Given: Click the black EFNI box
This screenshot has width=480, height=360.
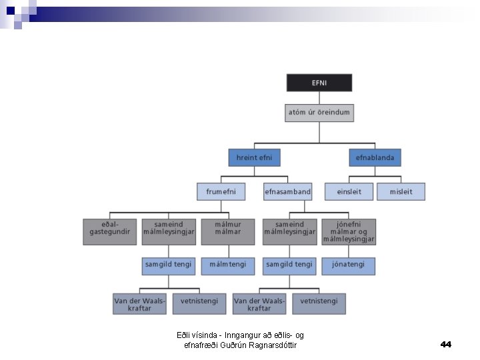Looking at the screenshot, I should tap(319, 83).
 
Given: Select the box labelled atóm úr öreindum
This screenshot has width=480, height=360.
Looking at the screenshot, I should tap(319, 113).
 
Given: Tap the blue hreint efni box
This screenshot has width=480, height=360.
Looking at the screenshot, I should tap(254, 158).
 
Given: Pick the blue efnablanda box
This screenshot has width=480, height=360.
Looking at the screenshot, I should tap(375, 158).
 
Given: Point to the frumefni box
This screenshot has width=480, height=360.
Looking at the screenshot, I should tap(221, 192).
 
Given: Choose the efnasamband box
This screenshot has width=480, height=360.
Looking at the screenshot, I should tap(287, 192).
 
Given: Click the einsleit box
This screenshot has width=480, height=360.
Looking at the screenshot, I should tap(349, 192).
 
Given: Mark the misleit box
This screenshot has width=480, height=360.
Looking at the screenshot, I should tap(401, 192).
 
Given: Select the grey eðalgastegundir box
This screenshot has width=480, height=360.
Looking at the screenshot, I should tap(110, 231).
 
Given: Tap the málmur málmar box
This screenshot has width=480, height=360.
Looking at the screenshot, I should tap(228, 231).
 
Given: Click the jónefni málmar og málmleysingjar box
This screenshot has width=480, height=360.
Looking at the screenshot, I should tap(349, 231).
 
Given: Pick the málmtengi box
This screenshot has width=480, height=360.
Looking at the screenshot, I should tap(228, 265).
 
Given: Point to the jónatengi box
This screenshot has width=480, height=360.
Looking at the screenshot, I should tap(349, 265).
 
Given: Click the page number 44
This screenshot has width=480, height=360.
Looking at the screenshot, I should tap(446, 344).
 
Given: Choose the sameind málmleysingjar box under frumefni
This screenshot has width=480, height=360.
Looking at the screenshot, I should tap(169, 231).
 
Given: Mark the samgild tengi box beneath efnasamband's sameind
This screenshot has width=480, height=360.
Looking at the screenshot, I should tap(289, 265).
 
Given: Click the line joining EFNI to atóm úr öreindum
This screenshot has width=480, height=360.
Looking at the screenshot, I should tap(319, 98).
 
